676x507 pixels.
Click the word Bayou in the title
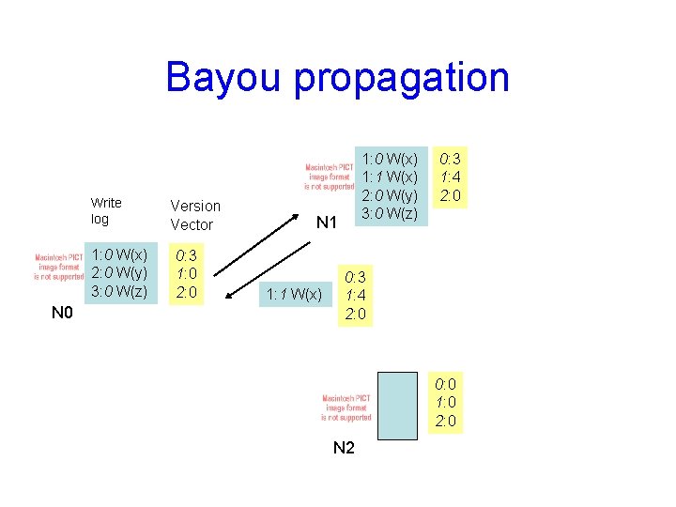(223, 77)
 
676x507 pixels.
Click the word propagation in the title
(402, 79)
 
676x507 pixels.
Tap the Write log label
(105, 210)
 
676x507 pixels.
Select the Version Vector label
(194, 215)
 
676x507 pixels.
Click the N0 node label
(62, 312)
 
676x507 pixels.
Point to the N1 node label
(326, 223)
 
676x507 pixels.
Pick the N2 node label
(344, 448)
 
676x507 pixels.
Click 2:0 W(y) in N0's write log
(119, 273)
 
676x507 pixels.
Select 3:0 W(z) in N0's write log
(119, 291)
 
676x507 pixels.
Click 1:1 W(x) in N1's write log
(391, 177)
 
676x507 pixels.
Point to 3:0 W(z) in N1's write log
(391, 214)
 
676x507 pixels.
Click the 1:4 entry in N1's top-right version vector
(450, 177)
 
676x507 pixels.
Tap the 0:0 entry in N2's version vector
(446, 384)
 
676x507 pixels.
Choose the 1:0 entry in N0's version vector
(187, 273)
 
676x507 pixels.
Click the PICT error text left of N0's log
(53, 267)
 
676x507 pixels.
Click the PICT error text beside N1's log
(328, 176)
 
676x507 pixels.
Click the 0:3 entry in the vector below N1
(356, 277)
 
